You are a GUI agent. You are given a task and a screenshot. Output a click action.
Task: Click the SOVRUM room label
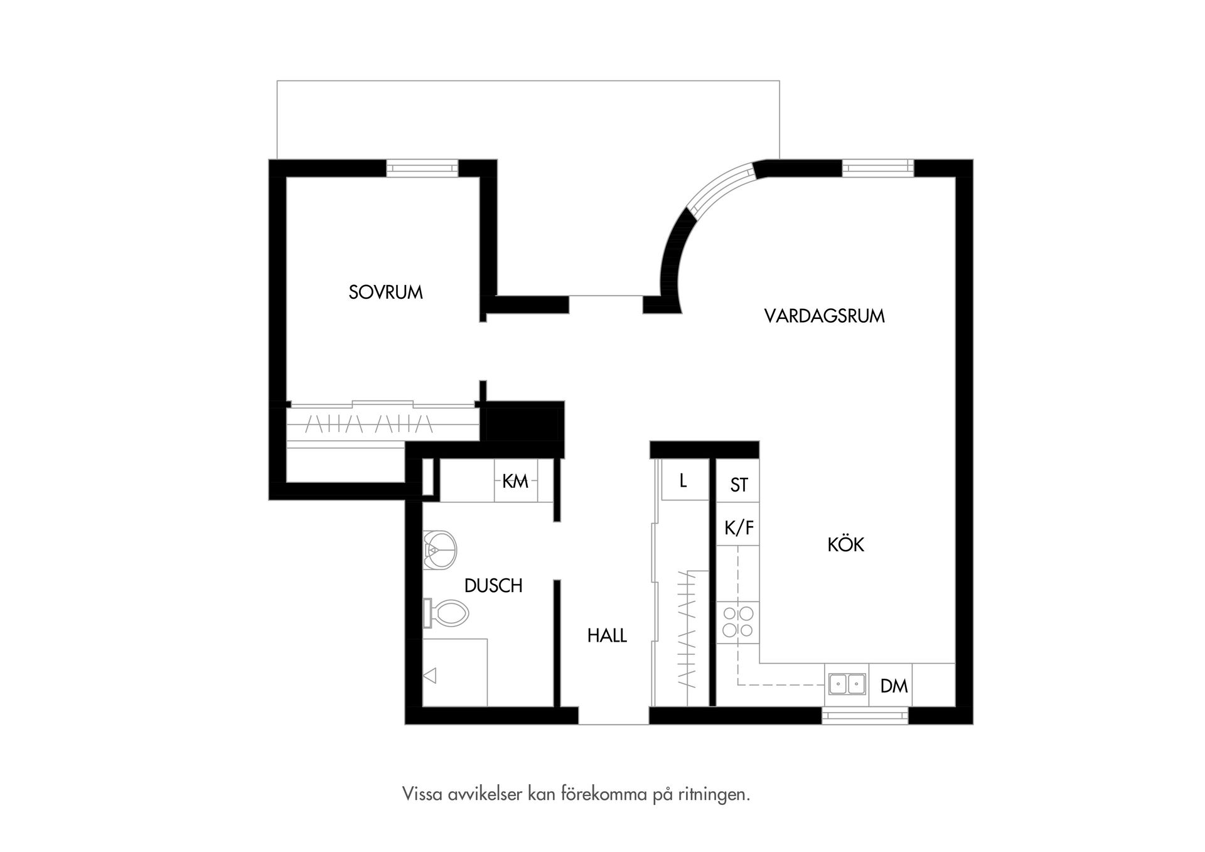tap(385, 293)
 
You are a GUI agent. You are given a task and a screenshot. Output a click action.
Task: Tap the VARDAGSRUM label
tap(824, 316)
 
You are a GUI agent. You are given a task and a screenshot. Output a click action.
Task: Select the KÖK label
tap(845, 544)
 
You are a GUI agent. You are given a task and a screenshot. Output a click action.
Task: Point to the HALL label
tap(607, 636)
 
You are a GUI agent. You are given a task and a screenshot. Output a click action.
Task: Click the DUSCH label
tap(493, 586)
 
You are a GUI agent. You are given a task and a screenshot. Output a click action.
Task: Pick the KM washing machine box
tap(515, 482)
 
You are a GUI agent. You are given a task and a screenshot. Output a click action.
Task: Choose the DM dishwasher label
tap(894, 686)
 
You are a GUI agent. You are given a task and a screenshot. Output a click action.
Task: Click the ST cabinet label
tap(739, 485)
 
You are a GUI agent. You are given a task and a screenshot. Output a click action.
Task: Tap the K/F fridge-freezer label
tap(739, 529)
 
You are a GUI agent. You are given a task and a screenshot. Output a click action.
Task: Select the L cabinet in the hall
tap(683, 482)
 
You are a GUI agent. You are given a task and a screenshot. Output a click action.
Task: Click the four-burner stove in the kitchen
tap(737, 622)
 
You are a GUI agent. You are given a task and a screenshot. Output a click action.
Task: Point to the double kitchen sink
tap(847, 684)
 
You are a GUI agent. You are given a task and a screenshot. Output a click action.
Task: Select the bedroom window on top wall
tap(422, 168)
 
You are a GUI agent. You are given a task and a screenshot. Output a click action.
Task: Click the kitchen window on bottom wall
tap(865, 715)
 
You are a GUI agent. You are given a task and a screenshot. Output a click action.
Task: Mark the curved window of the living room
tap(720, 186)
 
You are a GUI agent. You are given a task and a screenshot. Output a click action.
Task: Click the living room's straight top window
tap(877, 168)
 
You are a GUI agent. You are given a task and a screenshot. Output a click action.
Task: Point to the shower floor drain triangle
tap(431, 676)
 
